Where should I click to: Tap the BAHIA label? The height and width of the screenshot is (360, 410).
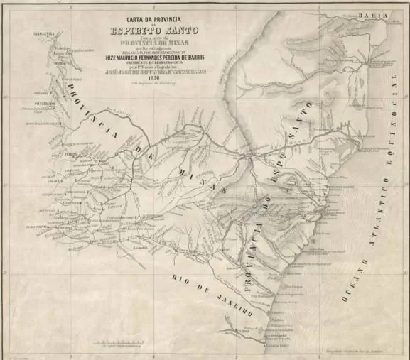point(372,14)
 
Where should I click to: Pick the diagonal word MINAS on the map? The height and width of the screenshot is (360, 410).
point(210,185)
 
